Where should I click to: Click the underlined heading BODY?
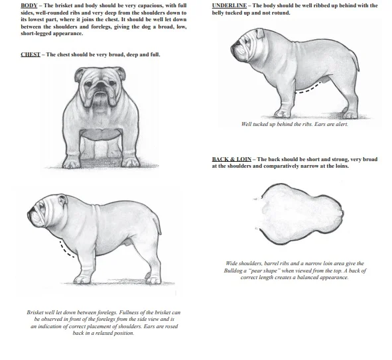[x=29, y=6]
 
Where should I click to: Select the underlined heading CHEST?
[x=30, y=54]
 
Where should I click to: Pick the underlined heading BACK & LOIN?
[x=231, y=160]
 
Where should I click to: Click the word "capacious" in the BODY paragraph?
[x=144, y=6]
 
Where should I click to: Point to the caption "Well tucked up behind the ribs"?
[x=273, y=124]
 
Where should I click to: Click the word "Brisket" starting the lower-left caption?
[x=36, y=312]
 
